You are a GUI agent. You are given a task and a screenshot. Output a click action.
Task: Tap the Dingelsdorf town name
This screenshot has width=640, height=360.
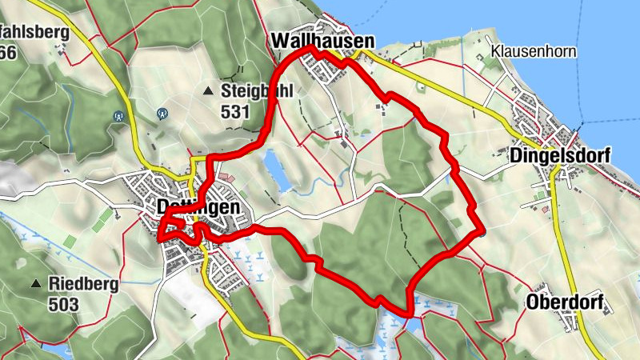pos(559,155)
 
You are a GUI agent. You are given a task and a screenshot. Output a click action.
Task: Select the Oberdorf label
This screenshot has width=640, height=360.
pos(564,302)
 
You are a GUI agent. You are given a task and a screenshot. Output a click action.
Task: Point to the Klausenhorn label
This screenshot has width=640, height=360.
pos(534,51)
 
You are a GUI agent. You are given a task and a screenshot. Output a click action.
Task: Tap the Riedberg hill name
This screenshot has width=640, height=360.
pos(83,283)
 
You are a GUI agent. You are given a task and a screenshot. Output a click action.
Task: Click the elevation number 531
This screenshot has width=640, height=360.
pos(235,111)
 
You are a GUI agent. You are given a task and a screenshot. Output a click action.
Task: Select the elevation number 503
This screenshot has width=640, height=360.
pos(63,303)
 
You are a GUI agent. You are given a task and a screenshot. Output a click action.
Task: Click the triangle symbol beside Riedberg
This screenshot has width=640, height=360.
pos(36,284)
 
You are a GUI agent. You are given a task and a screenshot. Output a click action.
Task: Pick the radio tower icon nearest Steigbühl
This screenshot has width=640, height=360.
pos(162,114)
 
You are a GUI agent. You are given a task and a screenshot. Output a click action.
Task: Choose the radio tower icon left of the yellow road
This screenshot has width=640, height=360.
pos(119,115)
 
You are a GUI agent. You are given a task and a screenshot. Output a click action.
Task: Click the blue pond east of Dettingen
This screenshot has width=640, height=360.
pos(275,170)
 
